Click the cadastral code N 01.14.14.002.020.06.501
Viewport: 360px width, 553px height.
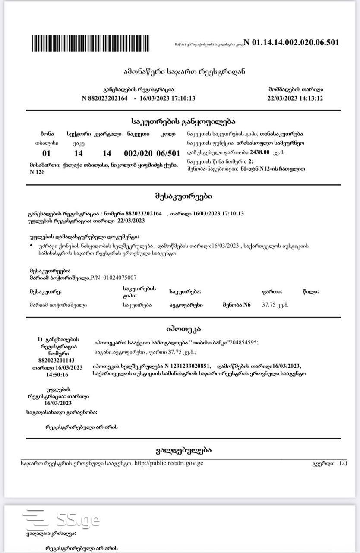click(291, 42)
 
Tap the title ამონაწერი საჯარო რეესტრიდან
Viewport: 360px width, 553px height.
click(184, 71)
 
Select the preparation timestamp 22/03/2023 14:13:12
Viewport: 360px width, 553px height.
click(295, 98)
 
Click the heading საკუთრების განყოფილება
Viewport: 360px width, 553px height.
click(183, 122)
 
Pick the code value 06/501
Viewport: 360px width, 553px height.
click(168, 153)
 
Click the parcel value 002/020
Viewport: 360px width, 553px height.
click(138, 153)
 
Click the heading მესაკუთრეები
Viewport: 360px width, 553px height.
click(183, 196)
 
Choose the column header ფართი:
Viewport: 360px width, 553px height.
click(272, 292)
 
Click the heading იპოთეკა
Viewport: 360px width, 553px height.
click(183, 329)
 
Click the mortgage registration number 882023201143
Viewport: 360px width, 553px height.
click(57, 360)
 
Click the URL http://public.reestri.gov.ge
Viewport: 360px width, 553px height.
click(169, 463)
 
